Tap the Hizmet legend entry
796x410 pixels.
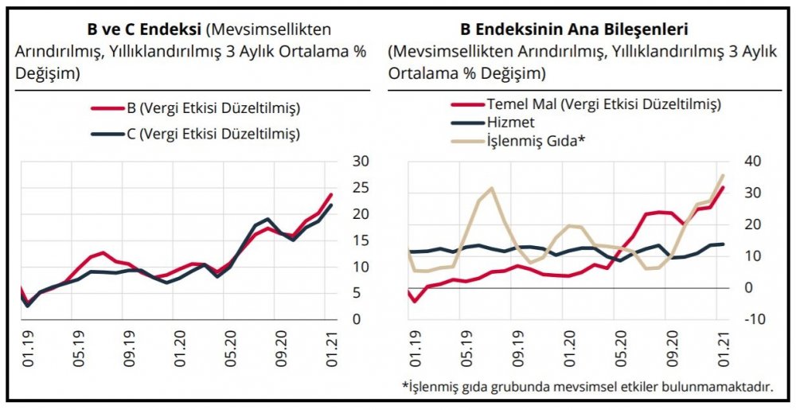click(x=509, y=123)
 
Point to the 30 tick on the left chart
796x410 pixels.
click(x=360, y=161)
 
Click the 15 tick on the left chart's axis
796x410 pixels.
click(x=360, y=240)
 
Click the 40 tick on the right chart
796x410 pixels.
click(x=754, y=161)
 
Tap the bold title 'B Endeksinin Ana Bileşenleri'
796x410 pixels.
click(x=575, y=30)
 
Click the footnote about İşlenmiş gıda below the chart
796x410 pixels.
click(x=587, y=387)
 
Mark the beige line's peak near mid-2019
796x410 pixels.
click(x=491, y=189)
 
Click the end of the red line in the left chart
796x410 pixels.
click(x=332, y=194)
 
